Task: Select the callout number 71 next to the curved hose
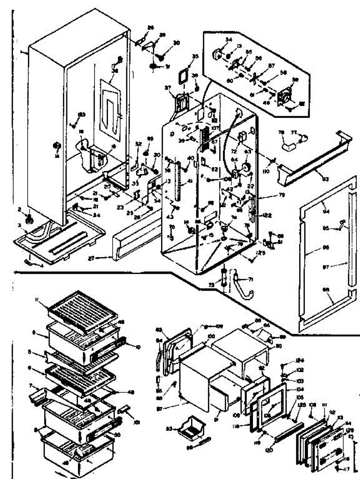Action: [x=251, y=279]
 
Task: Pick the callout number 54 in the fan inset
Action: [x=229, y=40]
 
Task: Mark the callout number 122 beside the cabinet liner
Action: [x=267, y=215]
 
